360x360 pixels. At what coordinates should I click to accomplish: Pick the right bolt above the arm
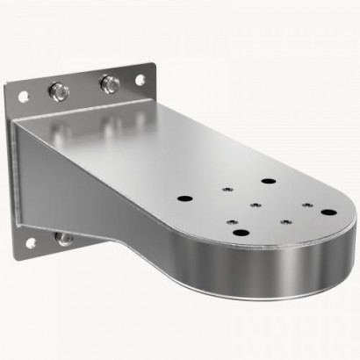(109, 83)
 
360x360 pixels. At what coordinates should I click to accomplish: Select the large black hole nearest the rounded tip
(326, 212)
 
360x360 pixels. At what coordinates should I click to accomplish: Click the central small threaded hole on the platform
(253, 207)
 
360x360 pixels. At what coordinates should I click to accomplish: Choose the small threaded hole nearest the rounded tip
(305, 205)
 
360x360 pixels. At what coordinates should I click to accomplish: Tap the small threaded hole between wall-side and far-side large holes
(227, 188)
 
